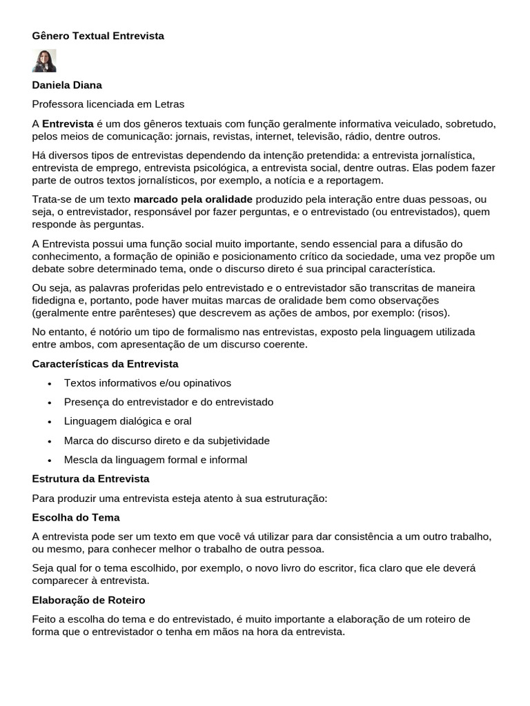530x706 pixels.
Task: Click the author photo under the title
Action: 44,61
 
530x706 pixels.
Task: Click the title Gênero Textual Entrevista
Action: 98,36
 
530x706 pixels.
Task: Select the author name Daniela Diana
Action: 67,85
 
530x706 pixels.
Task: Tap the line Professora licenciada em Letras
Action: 108,104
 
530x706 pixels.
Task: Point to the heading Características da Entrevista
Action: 106,363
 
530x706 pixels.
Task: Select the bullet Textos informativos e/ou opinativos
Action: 148,383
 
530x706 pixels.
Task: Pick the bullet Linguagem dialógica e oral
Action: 128,421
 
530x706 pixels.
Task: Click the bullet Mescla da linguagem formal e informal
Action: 155,460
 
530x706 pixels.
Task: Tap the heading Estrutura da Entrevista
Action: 90,478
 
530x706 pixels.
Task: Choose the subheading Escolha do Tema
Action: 76,517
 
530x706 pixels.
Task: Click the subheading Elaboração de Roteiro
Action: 88,600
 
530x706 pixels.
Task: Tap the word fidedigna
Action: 58,301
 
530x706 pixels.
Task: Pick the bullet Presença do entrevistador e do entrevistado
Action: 169,402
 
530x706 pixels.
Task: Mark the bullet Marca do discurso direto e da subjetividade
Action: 167,441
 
